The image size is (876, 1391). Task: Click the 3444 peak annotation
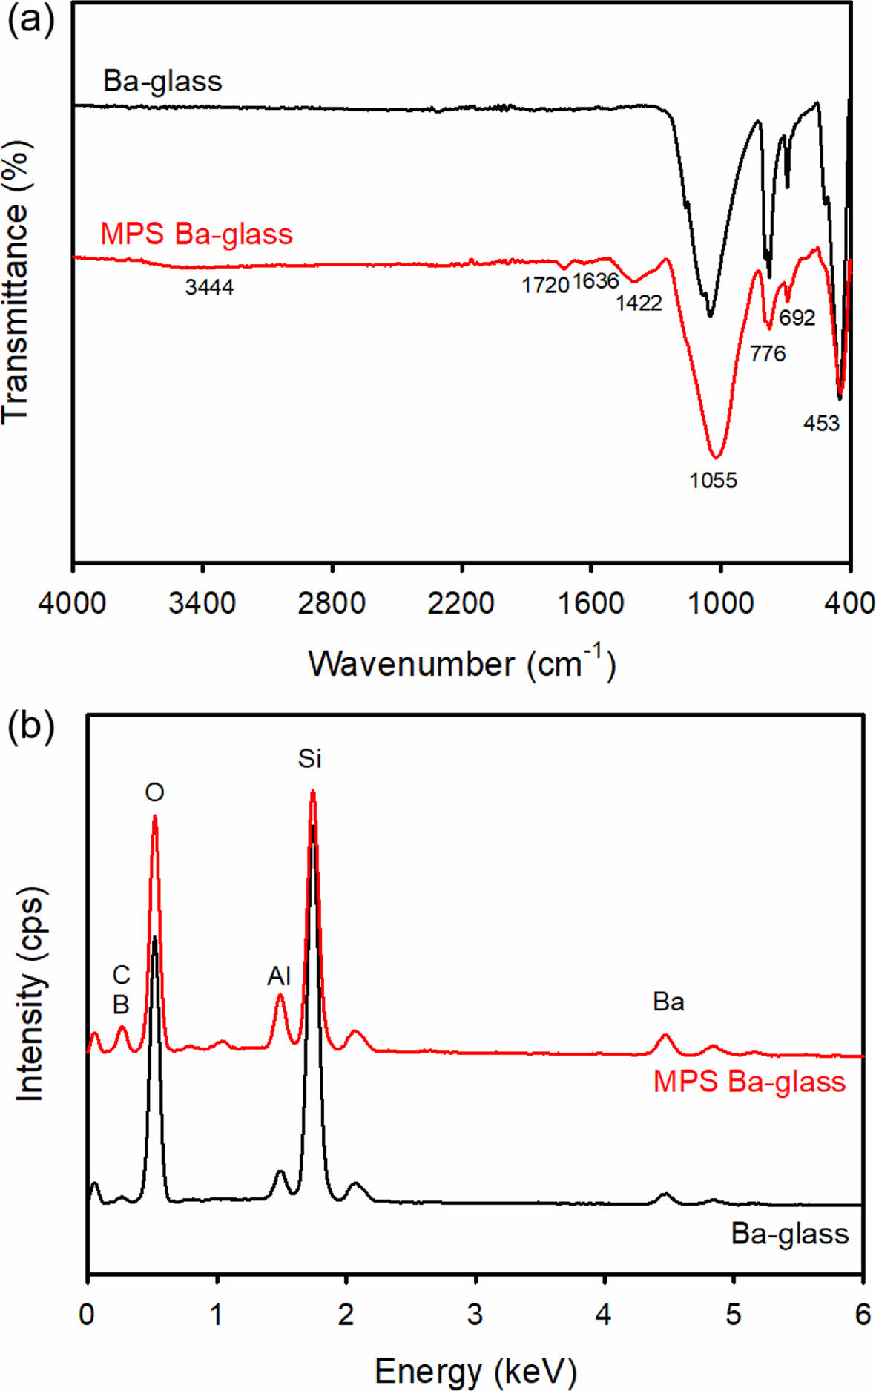(x=209, y=286)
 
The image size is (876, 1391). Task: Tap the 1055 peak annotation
(x=713, y=481)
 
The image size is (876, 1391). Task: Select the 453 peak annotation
(x=821, y=424)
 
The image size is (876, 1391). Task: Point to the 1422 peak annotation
(x=639, y=303)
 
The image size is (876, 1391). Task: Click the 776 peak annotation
(x=767, y=354)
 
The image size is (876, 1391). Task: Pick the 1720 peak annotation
(x=545, y=285)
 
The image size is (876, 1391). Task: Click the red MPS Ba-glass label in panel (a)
(x=197, y=234)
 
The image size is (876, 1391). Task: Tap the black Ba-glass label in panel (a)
(x=162, y=81)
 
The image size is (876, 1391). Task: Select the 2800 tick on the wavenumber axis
(x=332, y=603)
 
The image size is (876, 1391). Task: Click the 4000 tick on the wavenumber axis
(x=72, y=603)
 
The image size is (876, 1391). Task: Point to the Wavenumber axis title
(x=461, y=662)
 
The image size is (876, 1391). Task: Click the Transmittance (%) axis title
(x=16, y=284)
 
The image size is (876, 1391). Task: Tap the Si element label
(x=310, y=759)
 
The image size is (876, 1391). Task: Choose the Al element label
(x=279, y=976)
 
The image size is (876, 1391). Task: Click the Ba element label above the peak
(x=668, y=1002)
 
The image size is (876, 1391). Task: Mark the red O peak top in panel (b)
(x=154, y=817)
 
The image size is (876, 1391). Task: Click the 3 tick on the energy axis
(x=475, y=1315)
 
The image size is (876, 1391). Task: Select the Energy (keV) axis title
(x=475, y=1370)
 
